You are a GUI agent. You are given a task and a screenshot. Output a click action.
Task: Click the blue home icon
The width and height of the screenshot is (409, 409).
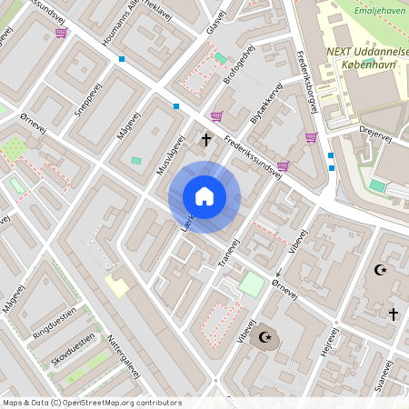[204, 196]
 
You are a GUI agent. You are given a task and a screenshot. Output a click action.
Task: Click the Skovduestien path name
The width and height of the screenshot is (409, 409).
[74, 351]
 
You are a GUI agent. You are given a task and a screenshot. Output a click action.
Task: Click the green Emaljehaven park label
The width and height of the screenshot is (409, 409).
[379, 10]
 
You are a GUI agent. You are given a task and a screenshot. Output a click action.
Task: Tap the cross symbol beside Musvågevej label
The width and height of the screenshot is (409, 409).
[206, 139]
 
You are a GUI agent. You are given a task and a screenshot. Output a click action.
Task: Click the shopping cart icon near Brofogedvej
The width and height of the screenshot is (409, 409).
[216, 115]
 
